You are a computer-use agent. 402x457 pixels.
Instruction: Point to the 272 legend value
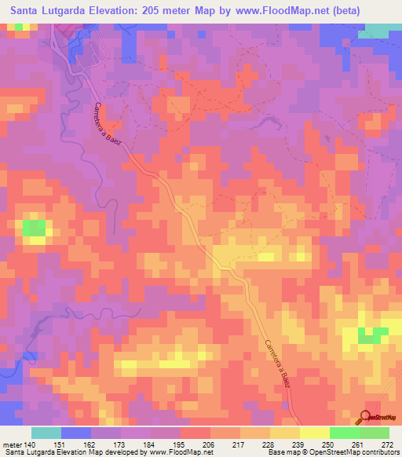click(x=388, y=444)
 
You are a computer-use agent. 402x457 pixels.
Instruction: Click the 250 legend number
click(x=328, y=444)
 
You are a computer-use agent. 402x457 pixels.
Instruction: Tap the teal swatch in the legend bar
click(x=46, y=433)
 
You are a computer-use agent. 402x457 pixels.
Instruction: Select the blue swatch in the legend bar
click(x=76, y=433)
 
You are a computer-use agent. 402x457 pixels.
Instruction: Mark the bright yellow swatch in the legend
click(x=314, y=433)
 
